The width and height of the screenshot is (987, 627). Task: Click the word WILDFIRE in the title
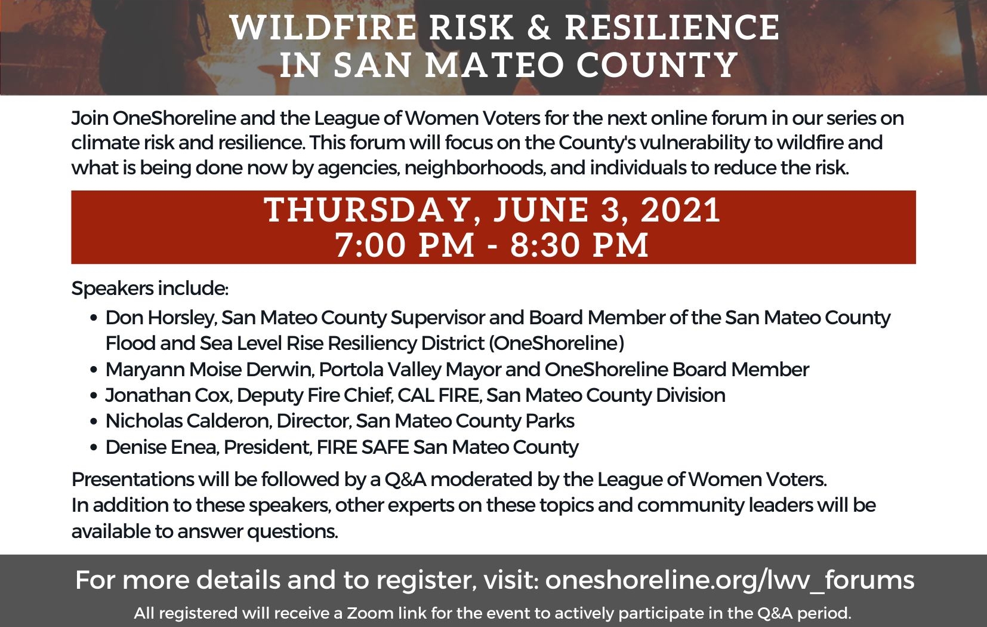323,27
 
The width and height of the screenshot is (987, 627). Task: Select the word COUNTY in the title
657,65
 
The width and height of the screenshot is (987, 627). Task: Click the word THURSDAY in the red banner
366,210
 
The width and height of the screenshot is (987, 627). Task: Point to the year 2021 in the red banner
680,210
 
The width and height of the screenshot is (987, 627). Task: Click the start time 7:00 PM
405,245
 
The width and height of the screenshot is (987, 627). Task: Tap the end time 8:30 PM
579,245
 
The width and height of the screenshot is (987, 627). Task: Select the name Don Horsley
161,318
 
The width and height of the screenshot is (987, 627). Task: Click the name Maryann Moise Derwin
209,370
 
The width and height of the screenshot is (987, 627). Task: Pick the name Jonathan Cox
168,395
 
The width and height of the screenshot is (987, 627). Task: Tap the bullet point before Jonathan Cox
94,395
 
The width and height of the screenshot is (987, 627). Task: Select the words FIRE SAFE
363,447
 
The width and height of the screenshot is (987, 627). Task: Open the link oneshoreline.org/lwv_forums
730,579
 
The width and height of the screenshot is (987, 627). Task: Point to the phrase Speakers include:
150,288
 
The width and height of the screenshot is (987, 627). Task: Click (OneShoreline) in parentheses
557,343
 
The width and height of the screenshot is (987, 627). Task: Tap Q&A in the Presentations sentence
405,480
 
